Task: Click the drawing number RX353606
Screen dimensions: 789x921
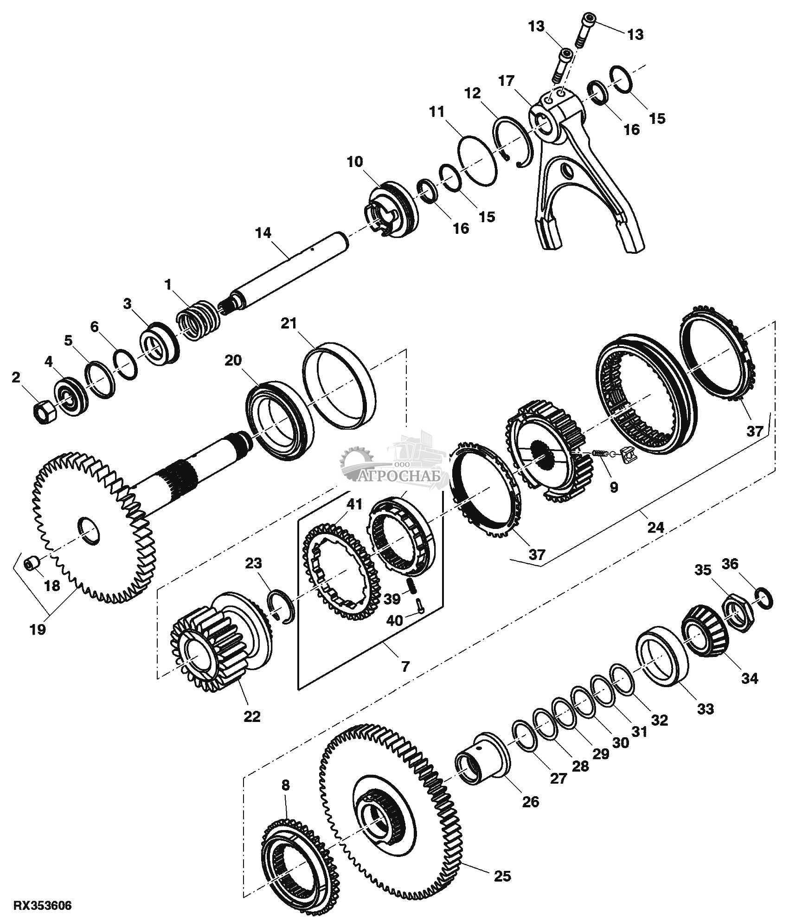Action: [x=43, y=905]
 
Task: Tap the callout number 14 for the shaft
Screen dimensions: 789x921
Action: [x=263, y=232]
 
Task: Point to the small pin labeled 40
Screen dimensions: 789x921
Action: [x=419, y=605]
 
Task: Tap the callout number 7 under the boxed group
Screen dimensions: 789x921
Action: [x=405, y=667]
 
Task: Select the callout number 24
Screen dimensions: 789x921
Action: [x=655, y=527]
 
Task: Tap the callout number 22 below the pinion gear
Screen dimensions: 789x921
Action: [x=251, y=716]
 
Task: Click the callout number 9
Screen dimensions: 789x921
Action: [x=614, y=488]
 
